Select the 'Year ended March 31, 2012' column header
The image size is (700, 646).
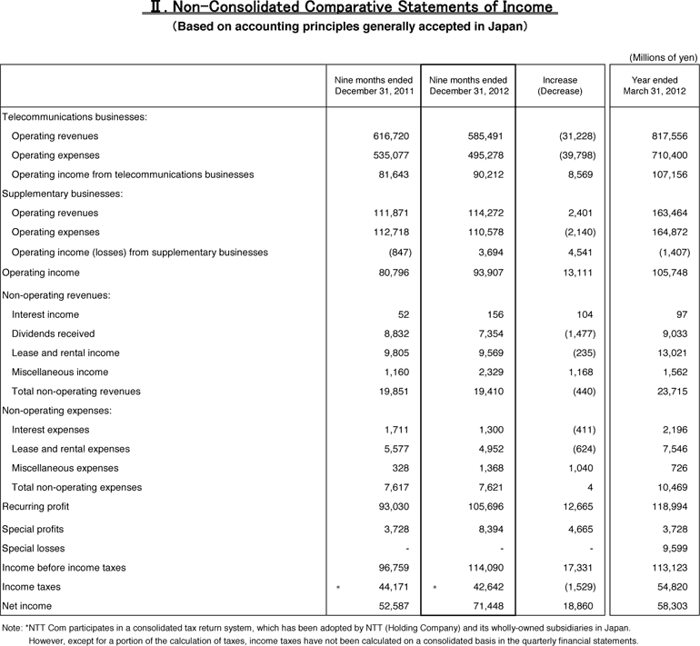tap(655, 86)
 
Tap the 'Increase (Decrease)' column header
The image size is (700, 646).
tap(559, 86)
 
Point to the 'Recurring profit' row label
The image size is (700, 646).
tap(35, 506)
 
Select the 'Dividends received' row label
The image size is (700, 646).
tap(53, 333)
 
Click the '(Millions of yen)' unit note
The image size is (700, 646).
tap(664, 57)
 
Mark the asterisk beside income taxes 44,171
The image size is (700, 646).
tap(338, 587)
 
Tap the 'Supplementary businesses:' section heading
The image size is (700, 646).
tap(63, 194)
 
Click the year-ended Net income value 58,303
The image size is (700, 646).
tap(670, 605)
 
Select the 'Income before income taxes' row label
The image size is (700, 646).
tap(63, 567)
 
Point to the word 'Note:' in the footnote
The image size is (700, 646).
tap(13, 628)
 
